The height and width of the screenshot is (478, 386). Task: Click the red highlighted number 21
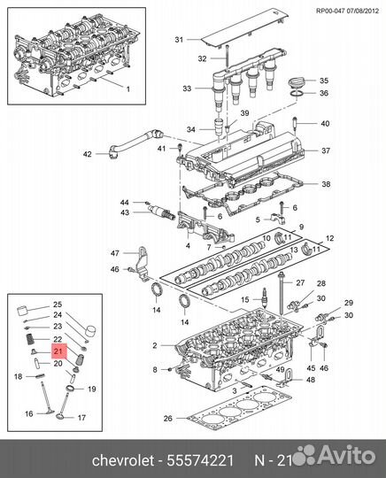[x=58, y=351]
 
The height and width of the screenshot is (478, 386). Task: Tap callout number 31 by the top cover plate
[x=179, y=40]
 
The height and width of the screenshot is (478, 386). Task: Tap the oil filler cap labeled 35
[x=299, y=81]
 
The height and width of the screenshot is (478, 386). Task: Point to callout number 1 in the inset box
[x=126, y=90]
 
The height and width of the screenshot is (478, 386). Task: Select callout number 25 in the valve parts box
[x=58, y=304]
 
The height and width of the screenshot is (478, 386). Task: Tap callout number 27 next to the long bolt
[x=300, y=282]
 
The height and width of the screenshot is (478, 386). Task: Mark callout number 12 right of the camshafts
[x=331, y=238]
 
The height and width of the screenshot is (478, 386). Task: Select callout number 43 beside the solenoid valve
[x=125, y=212]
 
